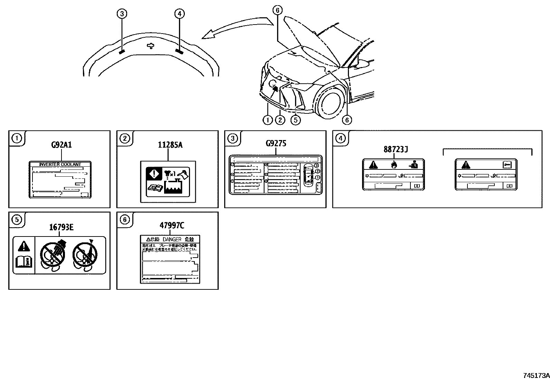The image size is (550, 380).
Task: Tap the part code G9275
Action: coord(276,143)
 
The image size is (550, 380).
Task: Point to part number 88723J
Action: coord(396,149)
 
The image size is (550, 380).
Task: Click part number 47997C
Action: coord(172,226)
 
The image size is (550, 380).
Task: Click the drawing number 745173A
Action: coord(536,376)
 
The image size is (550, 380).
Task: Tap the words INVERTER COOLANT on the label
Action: coord(60,165)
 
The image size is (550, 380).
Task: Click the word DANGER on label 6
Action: coord(172,239)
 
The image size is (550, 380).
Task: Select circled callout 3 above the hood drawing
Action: coord(122,14)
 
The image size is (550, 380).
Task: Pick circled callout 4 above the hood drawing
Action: coord(179,14)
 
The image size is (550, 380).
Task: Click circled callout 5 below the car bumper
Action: coord(295,120)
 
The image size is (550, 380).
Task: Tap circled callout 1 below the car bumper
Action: coord(268,120)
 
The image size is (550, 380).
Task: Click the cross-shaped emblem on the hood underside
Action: coord(150,46)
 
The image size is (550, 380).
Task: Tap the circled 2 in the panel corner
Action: coord(124,139)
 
